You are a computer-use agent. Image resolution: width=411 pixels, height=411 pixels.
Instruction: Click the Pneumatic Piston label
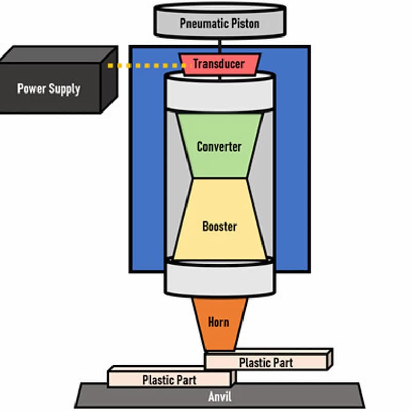point(219,23)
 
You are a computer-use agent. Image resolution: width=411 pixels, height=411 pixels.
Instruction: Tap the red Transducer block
point(219,64)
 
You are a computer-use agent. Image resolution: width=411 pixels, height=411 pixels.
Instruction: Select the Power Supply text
point(49,88)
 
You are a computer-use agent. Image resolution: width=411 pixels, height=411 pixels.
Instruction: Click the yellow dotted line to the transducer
point(146,66)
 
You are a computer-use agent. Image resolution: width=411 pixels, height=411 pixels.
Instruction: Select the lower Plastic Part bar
point(170,380)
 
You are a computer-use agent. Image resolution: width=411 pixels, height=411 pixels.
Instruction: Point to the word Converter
point(219,146)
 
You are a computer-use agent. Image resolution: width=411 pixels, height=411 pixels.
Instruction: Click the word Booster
point(219,226)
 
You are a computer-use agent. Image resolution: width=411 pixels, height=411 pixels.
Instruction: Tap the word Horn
point(218,323)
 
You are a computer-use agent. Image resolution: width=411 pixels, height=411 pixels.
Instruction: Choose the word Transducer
point(219,64)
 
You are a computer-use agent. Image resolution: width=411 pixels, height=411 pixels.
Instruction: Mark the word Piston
point(243,23)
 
